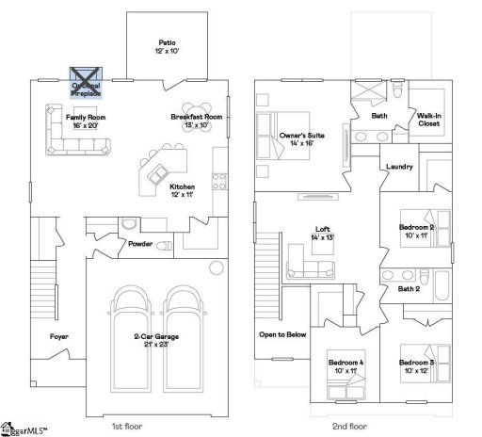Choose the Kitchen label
tap(183, 189)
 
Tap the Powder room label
tap(139, 244)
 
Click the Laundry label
tap(400, 168)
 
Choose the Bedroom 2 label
tap(415, 232)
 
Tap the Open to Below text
tap(282, 334)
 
